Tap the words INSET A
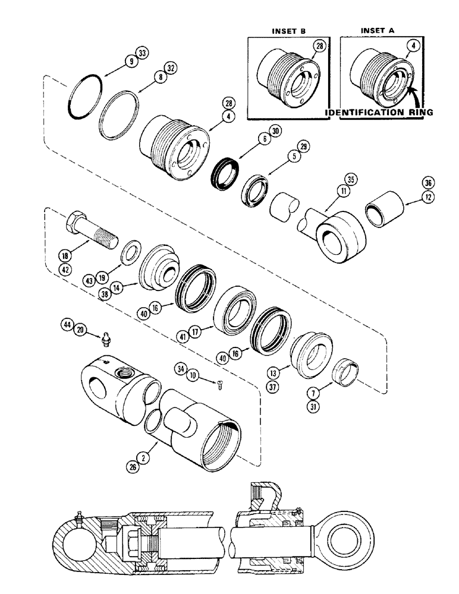click(381, 29)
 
